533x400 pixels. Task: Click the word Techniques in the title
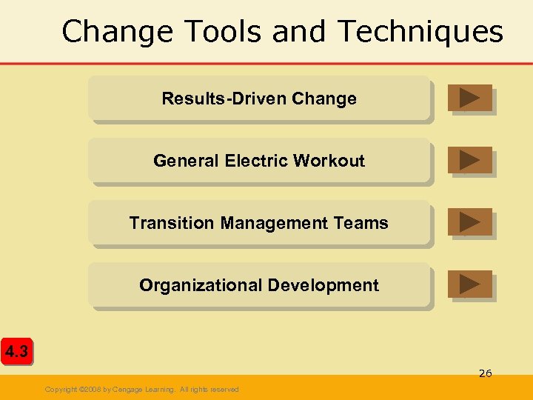click(x=420, y=32)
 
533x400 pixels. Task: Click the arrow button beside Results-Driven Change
click(x=469, y=98)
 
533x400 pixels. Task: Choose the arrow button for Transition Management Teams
click(x=469, y=222)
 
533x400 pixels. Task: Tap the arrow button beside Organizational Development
click(x=469, y=284)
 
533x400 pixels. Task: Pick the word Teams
click(x=362, y=223)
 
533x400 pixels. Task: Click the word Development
click(x=324, y=285)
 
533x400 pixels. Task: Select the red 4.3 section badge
click(x=16, y=352)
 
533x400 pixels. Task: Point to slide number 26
click(x=485, y=373)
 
